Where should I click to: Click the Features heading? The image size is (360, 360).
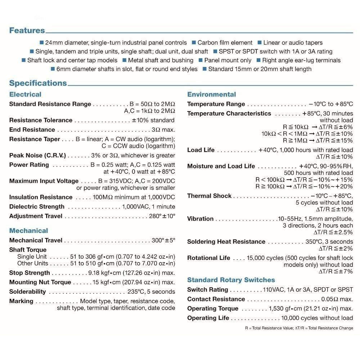click(27, 31)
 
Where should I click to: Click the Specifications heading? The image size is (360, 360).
click(38, 83)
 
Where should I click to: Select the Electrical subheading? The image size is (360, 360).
click(25, 94)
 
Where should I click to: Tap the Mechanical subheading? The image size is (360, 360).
click(28, 230)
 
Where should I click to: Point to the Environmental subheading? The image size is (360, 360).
click(212, 94)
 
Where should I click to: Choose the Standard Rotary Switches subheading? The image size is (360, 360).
click(231, 280)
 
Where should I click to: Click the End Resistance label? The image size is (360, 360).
click(32, 130)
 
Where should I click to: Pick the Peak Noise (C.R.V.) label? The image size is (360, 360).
click(37, 156)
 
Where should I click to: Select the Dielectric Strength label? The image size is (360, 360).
click(37, 207)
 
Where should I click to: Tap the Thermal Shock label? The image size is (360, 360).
click(210, 196)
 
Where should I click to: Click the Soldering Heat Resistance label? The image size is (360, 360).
click(226, 242)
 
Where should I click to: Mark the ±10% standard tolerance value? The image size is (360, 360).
click(153, 120)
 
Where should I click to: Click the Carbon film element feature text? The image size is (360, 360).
click(225, 42)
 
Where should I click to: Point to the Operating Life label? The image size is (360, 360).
click(208, 318)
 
